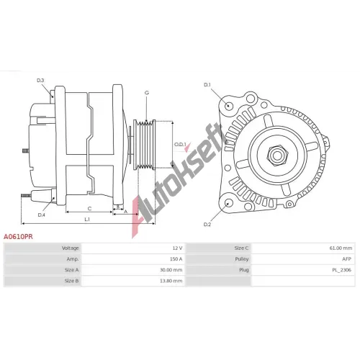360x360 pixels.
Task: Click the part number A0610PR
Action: pos(18,237)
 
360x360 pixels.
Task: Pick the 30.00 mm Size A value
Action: pos(171,270)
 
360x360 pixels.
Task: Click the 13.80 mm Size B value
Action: pos(171,281)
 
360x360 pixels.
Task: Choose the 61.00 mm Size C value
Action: pos(341,248)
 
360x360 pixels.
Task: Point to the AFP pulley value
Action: pos(346,259)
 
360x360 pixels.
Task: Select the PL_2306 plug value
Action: pos(342,270)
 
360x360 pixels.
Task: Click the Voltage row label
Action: pos(70,248)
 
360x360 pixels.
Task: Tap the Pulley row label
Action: pos(242,259)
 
